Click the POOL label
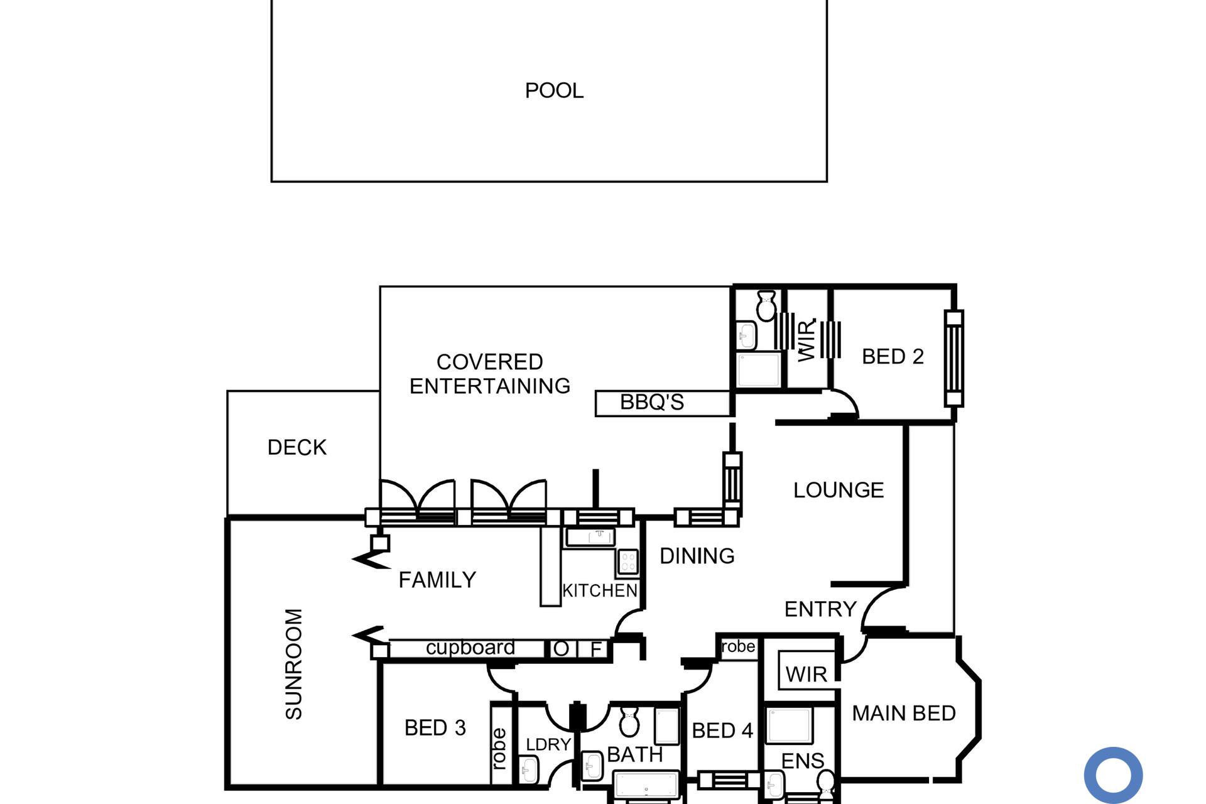click(554, 90)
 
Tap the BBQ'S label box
click(663, 403)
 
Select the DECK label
click(297, 447)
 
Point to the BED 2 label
click(893, 357)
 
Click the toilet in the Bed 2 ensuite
click(766, 306)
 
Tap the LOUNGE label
click(839, 490)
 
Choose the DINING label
click(697, 556)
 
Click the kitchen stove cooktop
click(627, 562)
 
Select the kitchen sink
click(590, 537)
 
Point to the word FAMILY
click(437, 580)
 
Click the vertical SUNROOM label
click(294, 664)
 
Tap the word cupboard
click(470, 648)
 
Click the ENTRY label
click(820, 609)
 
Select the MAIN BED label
click(904, 713)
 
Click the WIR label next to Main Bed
click(806, 675)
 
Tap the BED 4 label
click(722, 731)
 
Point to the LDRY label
click(548, 744)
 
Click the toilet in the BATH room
click(629, 721)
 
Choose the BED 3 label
click(435, 728)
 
